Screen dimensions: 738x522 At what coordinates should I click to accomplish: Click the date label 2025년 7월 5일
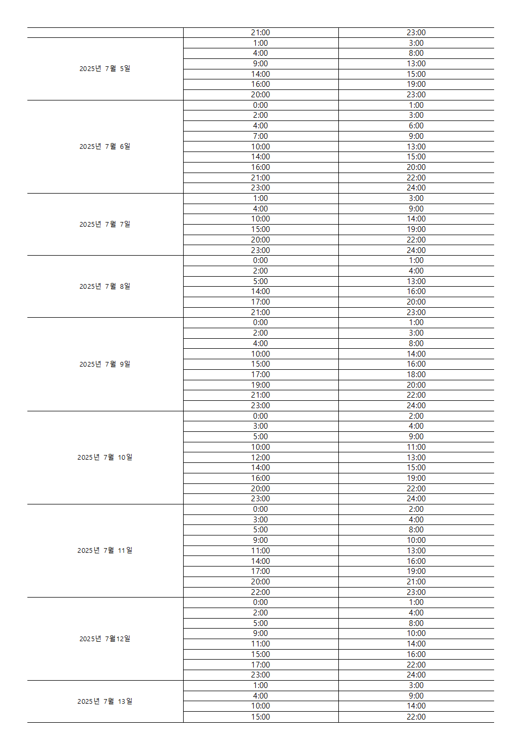(105, 68)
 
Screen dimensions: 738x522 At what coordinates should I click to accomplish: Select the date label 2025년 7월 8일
(105, 286)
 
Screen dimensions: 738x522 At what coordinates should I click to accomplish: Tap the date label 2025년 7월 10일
(105, 457)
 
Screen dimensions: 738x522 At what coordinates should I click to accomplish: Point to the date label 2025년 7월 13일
(105, 701)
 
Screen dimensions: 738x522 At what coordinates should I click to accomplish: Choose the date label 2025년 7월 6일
(105, 146)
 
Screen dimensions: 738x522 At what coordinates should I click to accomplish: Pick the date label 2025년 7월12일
(105, 639)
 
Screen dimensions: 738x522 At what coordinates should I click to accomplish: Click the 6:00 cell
(416, 126)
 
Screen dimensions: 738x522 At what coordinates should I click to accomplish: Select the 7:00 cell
(260, 136)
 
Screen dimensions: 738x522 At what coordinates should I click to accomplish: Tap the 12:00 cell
(260, 458)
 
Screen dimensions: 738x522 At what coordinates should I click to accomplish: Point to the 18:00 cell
(416, 375)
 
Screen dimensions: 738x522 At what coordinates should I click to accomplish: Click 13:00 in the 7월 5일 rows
(416, 64)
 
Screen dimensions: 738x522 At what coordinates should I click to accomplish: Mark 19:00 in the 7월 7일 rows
(416, 229)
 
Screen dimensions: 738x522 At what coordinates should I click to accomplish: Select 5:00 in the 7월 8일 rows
(260, 281)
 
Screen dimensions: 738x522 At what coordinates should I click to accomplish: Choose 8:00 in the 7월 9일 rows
(416, 343)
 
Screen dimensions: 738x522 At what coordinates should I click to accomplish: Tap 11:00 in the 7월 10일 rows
(416, 447)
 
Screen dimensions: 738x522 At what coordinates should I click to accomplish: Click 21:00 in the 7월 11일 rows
(416, 582)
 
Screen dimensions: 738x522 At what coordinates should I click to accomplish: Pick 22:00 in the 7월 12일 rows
(416, 665)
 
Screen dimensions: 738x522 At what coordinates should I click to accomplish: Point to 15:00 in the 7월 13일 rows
(260, 717)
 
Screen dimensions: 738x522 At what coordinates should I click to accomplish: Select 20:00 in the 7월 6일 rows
(416, 167)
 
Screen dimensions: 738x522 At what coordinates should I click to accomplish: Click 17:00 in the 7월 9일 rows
(260, 375)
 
